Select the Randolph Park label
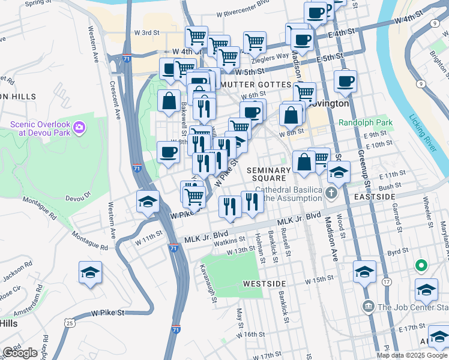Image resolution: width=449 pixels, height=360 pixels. tap(365, 122)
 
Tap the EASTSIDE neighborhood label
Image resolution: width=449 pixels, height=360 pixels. tap(375, 196)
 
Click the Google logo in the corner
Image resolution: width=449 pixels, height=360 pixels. tap(20, 353)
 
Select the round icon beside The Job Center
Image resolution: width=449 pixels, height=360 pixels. tap(368, 307)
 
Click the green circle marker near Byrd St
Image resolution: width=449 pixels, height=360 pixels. tap(421, 265)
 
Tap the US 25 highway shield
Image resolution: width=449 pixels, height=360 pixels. tap(70, 323)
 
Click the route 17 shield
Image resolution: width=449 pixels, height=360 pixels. tap(387, 281)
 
